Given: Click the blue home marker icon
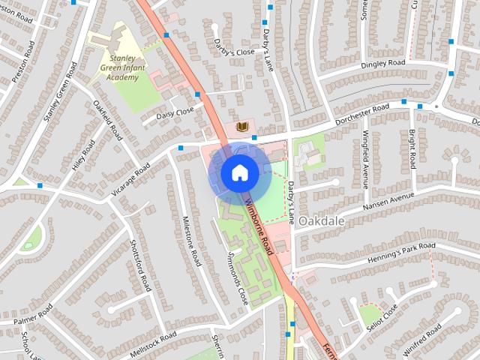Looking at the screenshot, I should [239, 173].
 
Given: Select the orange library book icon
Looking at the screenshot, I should [242, 127].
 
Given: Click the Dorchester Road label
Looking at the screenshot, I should [363, 113].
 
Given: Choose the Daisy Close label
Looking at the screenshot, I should [175, 113].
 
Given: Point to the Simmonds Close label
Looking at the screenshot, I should [237, 277].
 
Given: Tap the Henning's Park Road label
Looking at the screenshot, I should [401, 253].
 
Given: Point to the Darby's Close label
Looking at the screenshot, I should [234, 52].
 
